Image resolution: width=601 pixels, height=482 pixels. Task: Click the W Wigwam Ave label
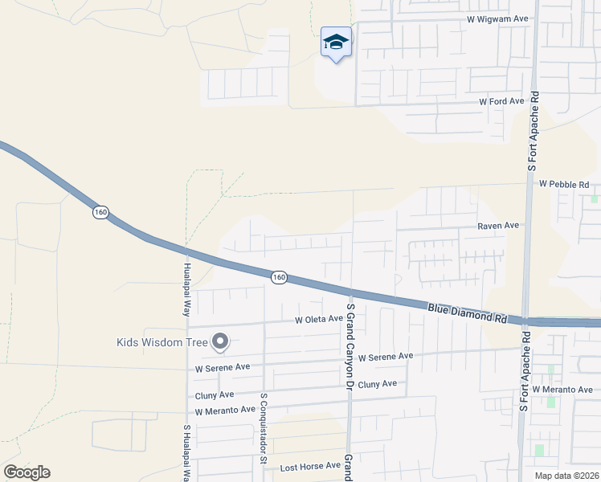click(x=497, y=18)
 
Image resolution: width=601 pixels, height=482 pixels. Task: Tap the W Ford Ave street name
click(x=501, y=101)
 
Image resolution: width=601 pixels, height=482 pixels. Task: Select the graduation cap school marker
click(x=336, y=43)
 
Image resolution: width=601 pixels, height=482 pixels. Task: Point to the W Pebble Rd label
click(x=564, y=184)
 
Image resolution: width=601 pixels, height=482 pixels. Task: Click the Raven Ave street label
click(x=498, y=227)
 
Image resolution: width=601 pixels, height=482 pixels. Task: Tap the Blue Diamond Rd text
click(x=467, y=312)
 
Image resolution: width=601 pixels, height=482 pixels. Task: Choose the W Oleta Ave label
click(x=319, y=319)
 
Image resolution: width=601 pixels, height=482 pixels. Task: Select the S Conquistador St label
click(x=263, y=429)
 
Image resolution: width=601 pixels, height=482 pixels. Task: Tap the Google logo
click(x=27, y=472)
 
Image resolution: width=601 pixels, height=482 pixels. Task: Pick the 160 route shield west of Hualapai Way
click(x=100, y=212)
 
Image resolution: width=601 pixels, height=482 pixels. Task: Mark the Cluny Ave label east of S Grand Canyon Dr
click(x=378, y=384)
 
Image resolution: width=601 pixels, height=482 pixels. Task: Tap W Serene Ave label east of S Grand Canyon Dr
click(x=386, y=356)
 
